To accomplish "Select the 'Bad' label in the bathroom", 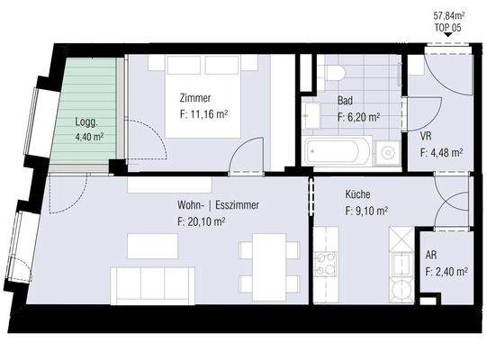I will pyautogui.click(x=346, y=102).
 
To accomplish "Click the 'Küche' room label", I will pyautogui.click(x=357, y=195).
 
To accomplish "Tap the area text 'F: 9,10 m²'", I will pyautogui.click(x=366, y=211).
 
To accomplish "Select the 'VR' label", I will pyautogui.click(x=427, y=137).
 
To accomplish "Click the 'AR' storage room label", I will pyautogui.click(x=431, y=255).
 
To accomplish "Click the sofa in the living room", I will pyautogui.click(x=151, y=284).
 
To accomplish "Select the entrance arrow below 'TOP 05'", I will pyautogui.click(x=449, y=37).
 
